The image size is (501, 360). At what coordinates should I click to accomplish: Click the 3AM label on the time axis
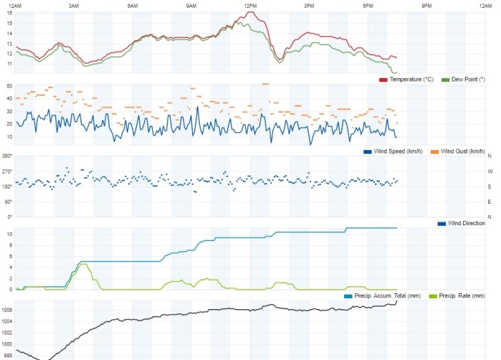[x=74, y=6]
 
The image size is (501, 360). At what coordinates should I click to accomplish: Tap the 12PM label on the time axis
[x=250, y=6]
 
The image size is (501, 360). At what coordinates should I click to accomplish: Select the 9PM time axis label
[x=426, y=6]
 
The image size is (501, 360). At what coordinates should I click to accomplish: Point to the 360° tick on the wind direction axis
[x=8, y=156]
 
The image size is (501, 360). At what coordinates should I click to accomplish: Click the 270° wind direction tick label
[x=8, y=171]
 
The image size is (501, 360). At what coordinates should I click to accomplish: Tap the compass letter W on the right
[x=490, y=171]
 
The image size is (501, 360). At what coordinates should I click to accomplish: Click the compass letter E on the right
[x=490, y=202]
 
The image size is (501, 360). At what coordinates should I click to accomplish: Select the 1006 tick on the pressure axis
[x=7, y=310]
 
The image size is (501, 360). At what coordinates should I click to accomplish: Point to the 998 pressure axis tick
[x=8, y=355]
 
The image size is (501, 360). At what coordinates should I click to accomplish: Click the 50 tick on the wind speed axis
[x=9, y=86]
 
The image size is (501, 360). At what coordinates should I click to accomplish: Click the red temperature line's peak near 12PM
[x=251, y=12]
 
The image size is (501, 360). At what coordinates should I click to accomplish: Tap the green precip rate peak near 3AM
[x=84, y=265]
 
